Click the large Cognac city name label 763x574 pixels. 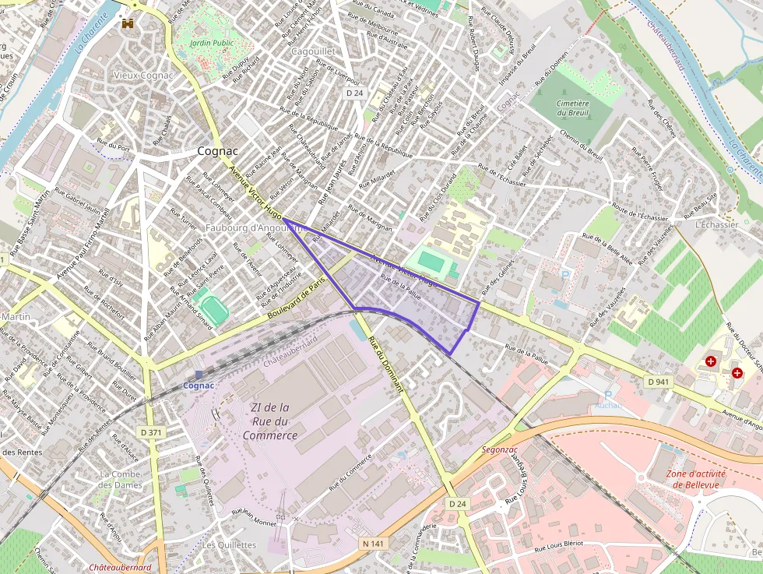[x=218, y=151]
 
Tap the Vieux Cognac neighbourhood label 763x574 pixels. [x=143, y=75]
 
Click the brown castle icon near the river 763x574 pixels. [x=127, y=23]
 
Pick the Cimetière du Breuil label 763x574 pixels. [x=572, y=107]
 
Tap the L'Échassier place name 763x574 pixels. [x=716, y=224]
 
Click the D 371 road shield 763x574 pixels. [x=152, y=431]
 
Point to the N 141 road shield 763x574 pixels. [x=371, y=542]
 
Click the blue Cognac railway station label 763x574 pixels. [x=199, y=386]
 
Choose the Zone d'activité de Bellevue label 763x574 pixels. [x=696, y=479]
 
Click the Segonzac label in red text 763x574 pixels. [x=500, y=449]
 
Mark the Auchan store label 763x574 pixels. [x=607, y=405]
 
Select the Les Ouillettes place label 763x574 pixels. [x=229, y=545]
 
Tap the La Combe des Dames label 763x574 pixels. [x=121, y=480]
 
